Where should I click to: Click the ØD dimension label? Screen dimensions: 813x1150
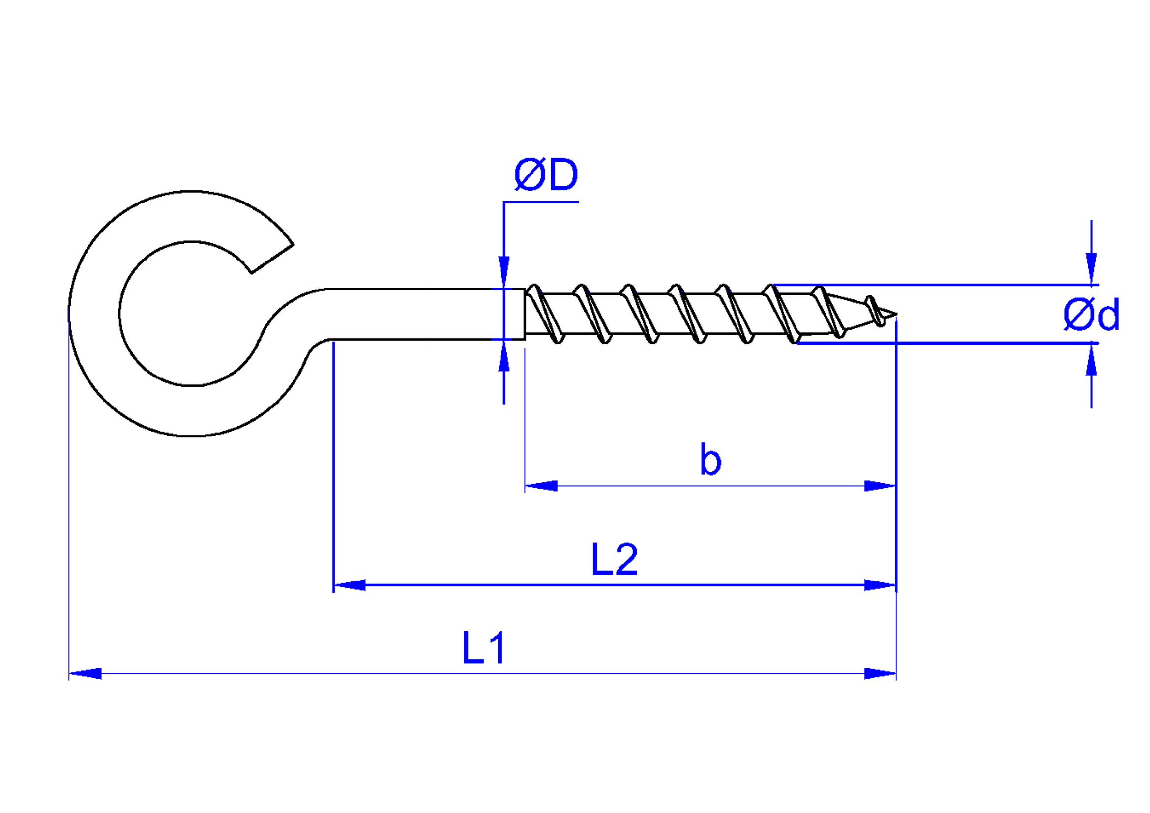[546, 174]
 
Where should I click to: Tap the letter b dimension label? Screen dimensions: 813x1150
[710, 459]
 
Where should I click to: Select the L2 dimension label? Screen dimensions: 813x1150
[614, 559]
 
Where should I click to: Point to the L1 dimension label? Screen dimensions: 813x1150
[483, 648]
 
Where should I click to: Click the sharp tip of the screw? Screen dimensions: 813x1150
[895, 315]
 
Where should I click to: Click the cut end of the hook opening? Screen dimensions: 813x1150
[272, 259]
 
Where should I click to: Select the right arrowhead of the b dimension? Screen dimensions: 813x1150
[880, 486]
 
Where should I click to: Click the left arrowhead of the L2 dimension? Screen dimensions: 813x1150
[350, 585]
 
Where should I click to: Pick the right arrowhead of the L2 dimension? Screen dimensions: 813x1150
[880, 585]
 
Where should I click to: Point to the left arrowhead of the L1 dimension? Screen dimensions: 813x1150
[85, 673]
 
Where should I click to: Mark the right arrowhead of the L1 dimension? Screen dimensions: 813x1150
[880, 673]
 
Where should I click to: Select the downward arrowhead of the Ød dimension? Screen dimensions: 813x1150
[1091, 268]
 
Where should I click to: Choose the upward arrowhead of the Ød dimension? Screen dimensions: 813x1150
[1091, 360]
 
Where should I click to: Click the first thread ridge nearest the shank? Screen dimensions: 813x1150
[545, 314]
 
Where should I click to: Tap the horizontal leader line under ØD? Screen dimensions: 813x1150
[541, 202]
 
